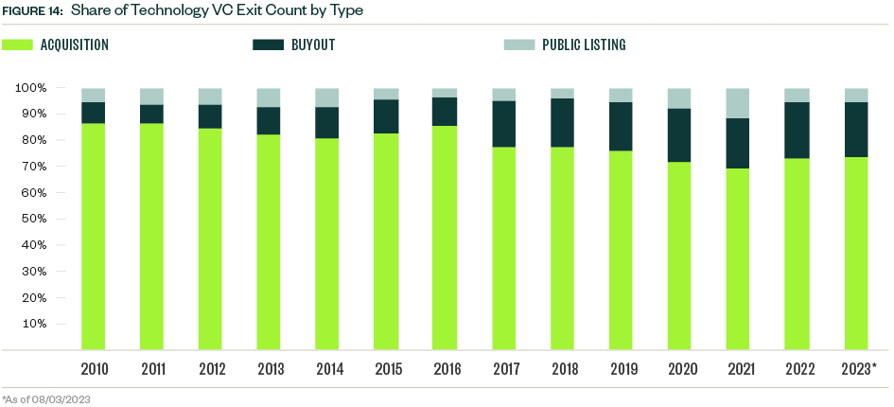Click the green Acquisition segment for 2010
point(93,237)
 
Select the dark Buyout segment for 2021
point(738,143)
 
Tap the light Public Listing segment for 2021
point(738,103)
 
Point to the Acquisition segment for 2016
point(445,238)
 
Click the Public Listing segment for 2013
point(269,97)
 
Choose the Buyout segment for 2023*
point(855,130)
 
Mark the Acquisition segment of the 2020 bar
point(679,256)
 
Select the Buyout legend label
point(313,44)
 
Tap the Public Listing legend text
point(584,44)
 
